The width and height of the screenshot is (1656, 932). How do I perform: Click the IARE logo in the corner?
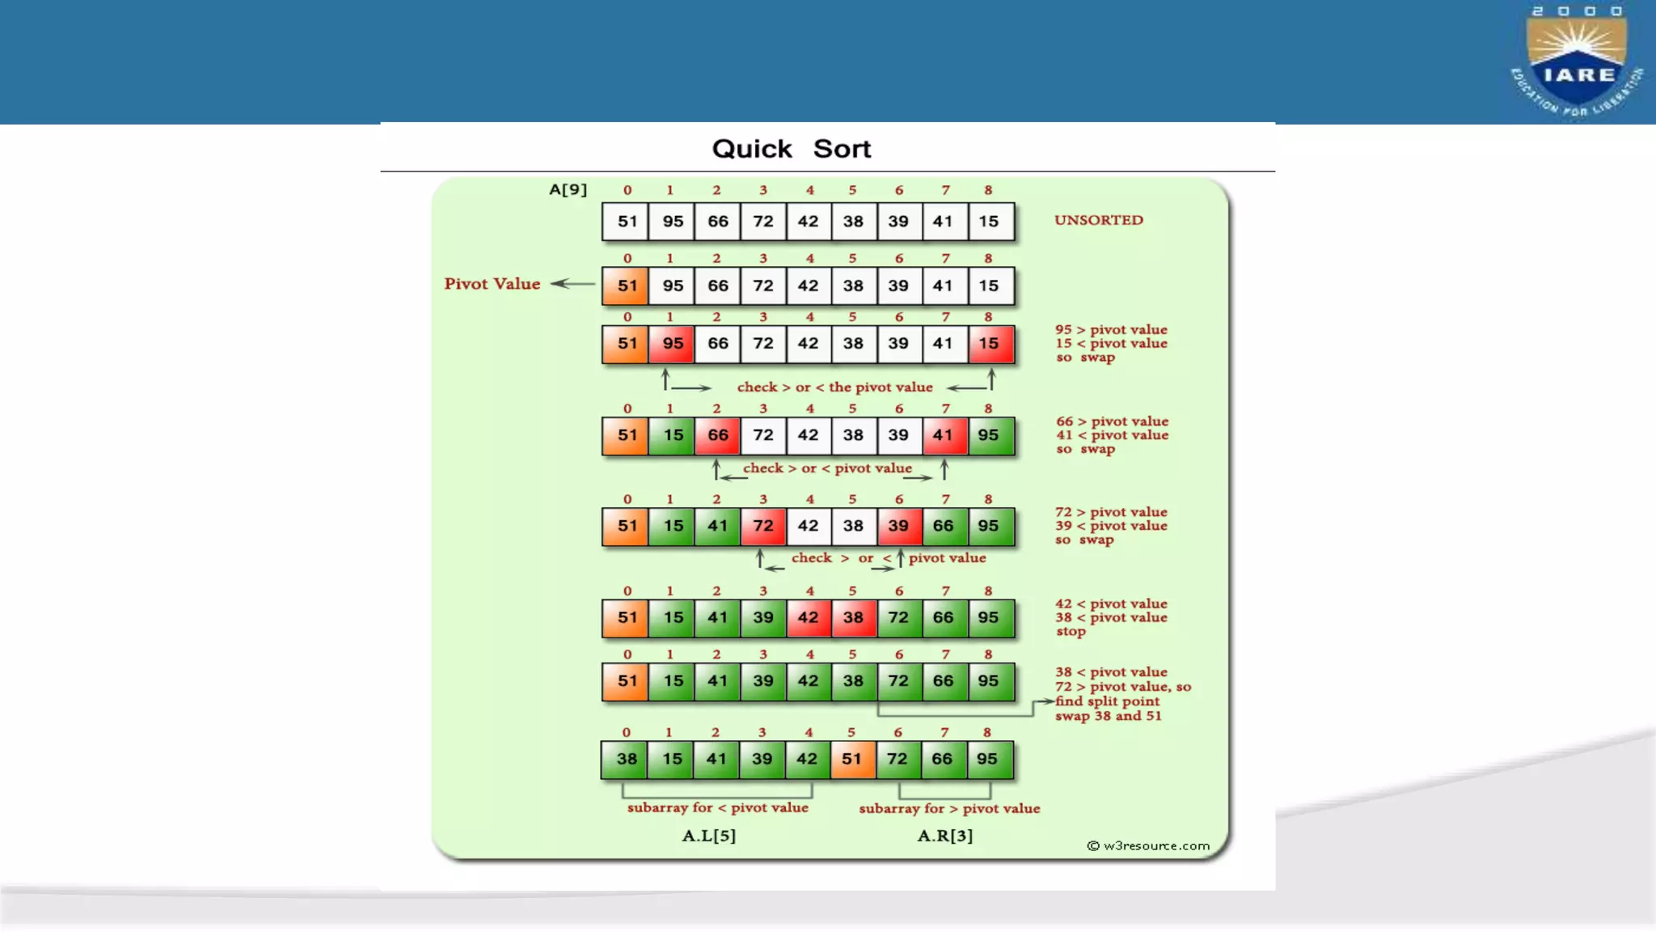pos(1577,61)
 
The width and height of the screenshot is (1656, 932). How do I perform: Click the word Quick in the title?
pos(751,149)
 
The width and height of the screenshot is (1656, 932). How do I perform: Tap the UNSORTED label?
pos(1098,220)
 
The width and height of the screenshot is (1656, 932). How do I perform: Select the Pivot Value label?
pos(492,284)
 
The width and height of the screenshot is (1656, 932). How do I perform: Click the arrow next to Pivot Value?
pos(572,284)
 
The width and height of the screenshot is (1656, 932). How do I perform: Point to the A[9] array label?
pos(568,190)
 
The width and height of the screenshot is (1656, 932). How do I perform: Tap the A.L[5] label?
pos(708,836)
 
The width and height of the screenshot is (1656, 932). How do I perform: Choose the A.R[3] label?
pos(944,836)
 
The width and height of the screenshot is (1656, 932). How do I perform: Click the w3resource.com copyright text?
pos(1148,845)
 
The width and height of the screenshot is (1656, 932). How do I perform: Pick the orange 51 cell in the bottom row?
pos(851,759)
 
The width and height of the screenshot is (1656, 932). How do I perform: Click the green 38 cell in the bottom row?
pos(627,759)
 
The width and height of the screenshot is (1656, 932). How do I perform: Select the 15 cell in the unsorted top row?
pos(988,222)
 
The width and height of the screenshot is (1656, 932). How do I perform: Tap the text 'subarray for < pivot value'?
pos(717,807)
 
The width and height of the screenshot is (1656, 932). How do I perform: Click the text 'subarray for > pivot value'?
pos(949,808)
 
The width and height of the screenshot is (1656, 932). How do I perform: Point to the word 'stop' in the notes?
pos(1071,632)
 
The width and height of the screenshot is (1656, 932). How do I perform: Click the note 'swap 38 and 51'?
pos(1108,716)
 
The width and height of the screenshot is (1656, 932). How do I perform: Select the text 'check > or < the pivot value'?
pos(834,388)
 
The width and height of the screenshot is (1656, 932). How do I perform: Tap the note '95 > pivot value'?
pos(1111,329)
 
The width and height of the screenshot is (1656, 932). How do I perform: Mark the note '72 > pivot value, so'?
pos(1122,687)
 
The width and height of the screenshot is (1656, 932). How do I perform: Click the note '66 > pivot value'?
pos(1112,422)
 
